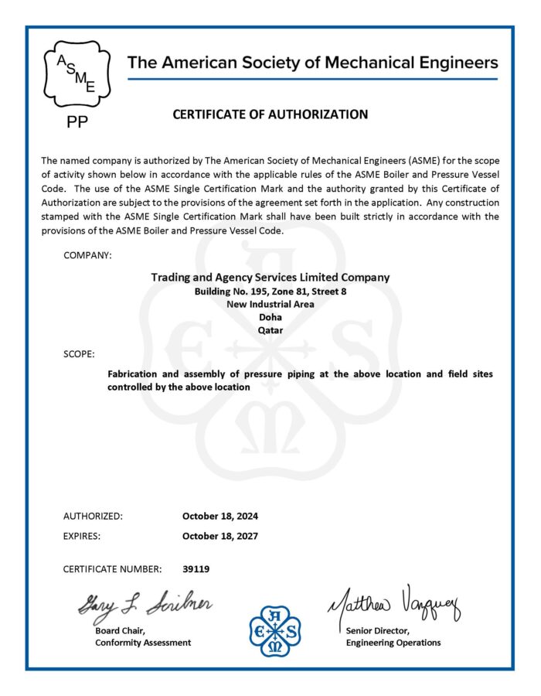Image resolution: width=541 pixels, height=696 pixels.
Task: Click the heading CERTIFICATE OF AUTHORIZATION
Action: coord(270,114)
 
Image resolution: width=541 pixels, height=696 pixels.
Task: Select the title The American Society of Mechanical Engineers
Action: coord(312,63)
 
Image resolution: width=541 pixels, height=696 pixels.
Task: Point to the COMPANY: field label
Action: coord(87,254)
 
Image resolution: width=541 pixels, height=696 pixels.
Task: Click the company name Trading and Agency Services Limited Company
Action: coord(270,277)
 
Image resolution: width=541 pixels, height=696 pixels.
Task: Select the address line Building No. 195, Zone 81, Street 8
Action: coord(270,292)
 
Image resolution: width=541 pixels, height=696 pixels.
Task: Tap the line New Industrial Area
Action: coord(270,304)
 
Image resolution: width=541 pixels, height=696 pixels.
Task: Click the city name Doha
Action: coord(270,317)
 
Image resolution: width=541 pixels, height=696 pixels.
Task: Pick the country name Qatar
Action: coord(270,329)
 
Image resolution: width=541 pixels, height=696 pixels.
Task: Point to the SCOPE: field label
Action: coord(79,353)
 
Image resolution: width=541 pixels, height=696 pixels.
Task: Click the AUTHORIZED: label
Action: coord(93,516)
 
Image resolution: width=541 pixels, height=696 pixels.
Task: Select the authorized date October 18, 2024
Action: coord(220,516)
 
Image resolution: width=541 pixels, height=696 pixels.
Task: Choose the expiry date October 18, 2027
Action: coord(220,535)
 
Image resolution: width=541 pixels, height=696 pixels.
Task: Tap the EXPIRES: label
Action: coord(82,535)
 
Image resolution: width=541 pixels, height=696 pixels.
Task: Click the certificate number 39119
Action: coord(196,569)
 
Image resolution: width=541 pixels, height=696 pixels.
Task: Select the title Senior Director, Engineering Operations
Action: coord(393,636)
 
